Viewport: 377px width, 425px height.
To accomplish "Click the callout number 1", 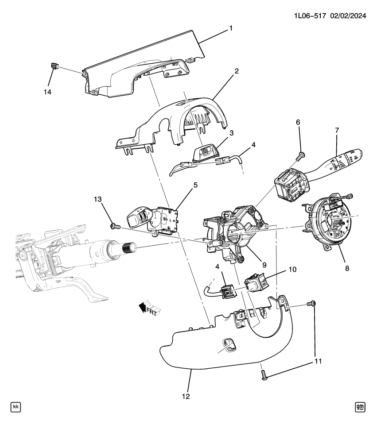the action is pos(231,28).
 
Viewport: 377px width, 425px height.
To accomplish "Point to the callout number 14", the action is pos(47,92).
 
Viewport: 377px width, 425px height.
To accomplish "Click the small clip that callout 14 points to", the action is pos(54,66).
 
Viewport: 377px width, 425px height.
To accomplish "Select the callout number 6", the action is pos(298,122).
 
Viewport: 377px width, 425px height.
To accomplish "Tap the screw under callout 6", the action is pos(300,156).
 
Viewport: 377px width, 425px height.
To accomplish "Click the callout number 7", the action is pos(337,130).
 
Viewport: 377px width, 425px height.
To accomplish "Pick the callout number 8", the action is pos(347,268).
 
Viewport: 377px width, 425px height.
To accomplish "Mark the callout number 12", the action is pos(186,397).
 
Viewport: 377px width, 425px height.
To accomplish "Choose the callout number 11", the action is pos(318,361).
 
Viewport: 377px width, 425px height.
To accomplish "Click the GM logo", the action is pos(360,407).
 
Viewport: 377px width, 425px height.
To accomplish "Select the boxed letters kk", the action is pos(16,407).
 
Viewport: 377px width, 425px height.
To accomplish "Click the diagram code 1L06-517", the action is pos(310,16).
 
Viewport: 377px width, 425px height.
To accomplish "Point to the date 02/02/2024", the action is pos(348,16).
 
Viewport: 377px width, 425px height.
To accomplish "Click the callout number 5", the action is pos(195,185).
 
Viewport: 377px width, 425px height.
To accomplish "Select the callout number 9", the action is pos(264,265).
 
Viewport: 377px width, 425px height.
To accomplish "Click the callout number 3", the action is pos(231,133).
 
